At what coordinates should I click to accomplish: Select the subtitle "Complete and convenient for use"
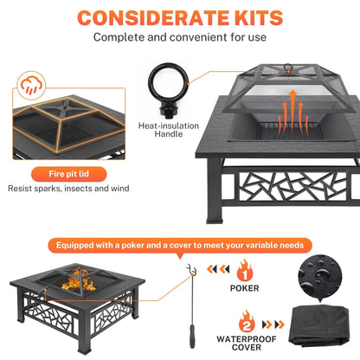[x=179, y=37]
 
